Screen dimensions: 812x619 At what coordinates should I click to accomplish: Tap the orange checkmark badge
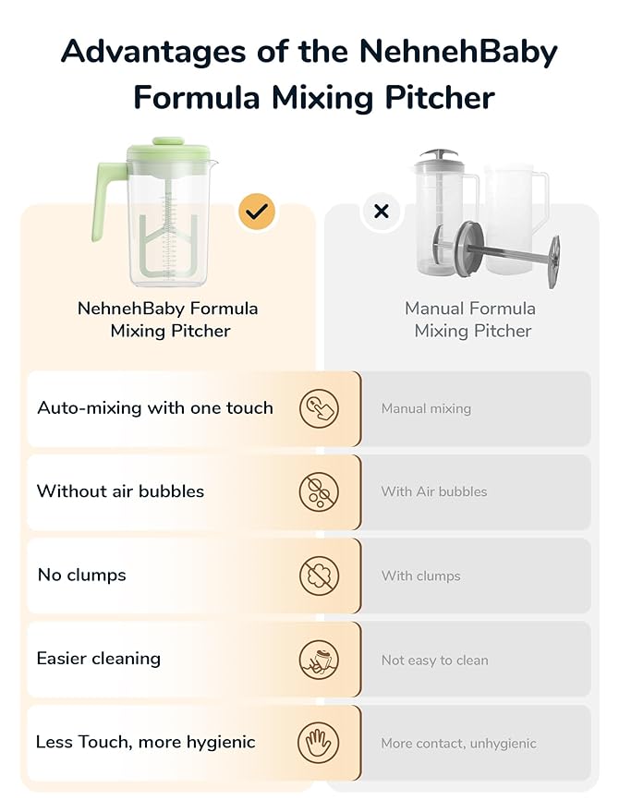[x=257, y=212]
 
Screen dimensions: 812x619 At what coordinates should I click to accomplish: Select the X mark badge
[x=381, y=212]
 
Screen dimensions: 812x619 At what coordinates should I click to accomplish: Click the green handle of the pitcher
[x=107, y=199]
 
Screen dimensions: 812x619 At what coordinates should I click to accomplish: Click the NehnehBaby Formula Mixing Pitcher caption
[x=168, y=320]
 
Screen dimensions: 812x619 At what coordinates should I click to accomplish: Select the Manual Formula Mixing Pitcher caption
[x=471, y=320]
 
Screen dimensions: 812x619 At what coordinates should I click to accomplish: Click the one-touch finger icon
[x=319, y=408]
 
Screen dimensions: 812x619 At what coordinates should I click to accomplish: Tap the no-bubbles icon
[x=319, y=491]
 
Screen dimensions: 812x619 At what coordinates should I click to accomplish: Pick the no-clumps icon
[x=319, y=576]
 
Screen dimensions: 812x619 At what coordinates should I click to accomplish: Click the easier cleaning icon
[x=319, y=660]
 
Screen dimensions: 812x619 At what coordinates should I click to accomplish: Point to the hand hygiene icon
[x=319, y=743]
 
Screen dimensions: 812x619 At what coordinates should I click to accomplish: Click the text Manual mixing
[x=426, y=408]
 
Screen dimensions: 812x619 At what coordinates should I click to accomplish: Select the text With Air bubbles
[x=433, y=491]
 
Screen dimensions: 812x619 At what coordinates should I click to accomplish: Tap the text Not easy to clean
[x=434, y=661]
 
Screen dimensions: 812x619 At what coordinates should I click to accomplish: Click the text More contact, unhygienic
[x=458, y=744]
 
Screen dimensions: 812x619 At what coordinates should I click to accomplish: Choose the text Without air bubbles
[x=120, y=491]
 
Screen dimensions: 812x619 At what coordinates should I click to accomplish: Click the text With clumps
[x=420, y=576]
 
